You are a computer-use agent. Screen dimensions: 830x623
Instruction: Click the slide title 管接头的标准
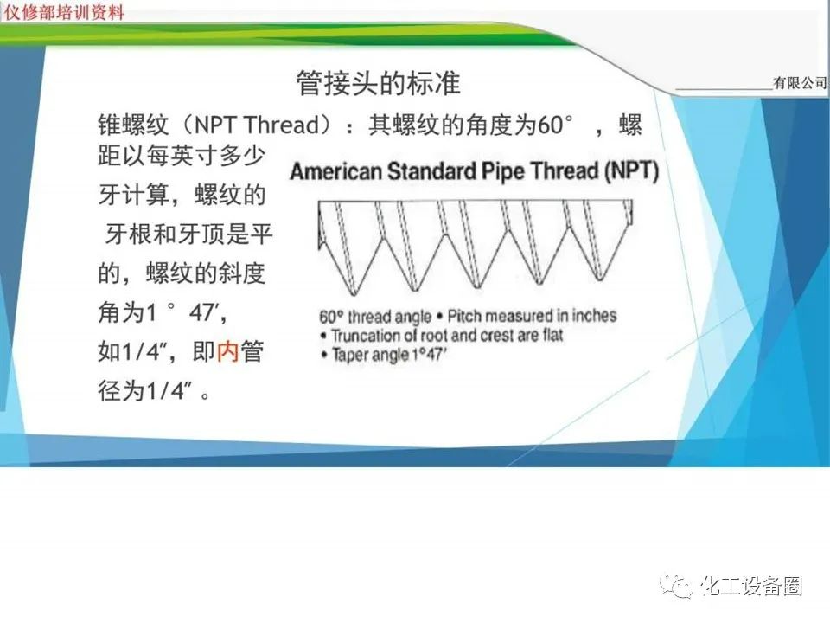pyautogui.click(x=378, y=83)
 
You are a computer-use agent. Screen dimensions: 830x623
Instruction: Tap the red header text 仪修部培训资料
pyautogui.click(x=64, y=11)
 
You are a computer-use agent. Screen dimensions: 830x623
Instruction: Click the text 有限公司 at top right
pyautogui.click(x=800, y=83)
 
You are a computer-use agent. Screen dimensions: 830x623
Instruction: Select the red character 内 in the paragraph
pyautogui.click(x=227, y=351)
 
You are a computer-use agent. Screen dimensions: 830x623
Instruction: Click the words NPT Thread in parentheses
pyautogui.click(x=258, y=125)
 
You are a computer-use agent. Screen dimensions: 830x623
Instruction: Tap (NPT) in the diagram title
pyautogui.click(x=631, y=171)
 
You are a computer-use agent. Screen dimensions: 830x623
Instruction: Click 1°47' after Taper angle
pyautogui.click(x=430, y=355)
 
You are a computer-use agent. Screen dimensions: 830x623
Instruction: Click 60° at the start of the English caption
pyautogui.click(x=331, y=317)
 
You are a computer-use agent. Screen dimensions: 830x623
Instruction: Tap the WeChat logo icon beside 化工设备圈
pyautogui.click(x=676, y=586)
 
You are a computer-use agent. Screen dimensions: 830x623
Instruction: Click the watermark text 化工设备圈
pyautogui.click(x=751, y=586)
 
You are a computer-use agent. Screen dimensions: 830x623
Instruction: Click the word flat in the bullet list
pyautogui.click(x=552, y=335)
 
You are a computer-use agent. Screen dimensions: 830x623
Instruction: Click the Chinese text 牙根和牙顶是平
pyautogui.click(x=188, y=234)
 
